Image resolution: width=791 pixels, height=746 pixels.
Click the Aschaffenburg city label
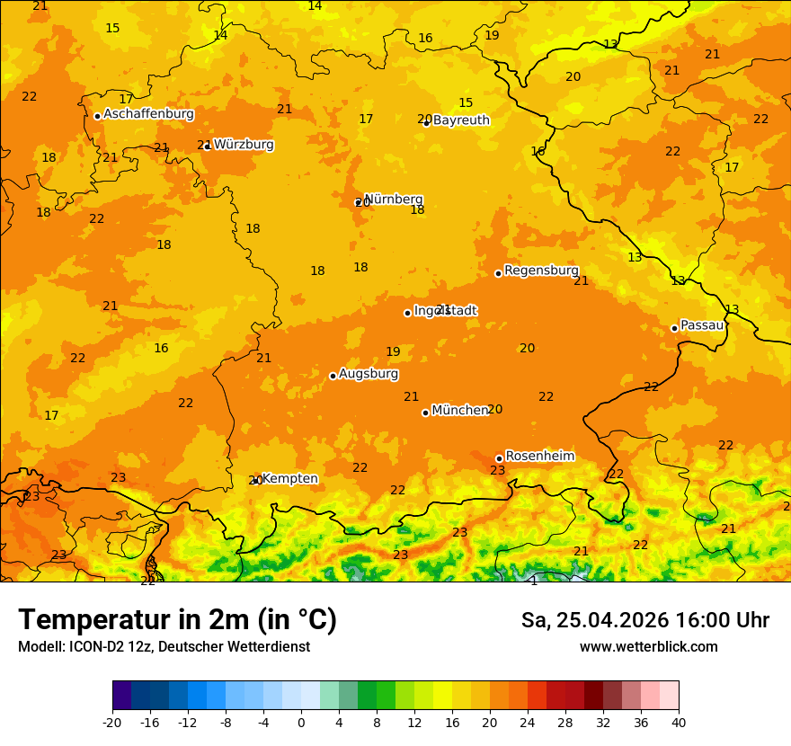(x=148, y=114)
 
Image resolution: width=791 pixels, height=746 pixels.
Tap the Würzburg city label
(x=244, y=145)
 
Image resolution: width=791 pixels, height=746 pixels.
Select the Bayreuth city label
(x=461, y=120)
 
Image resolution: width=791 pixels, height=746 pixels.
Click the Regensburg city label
(x=541, y=271)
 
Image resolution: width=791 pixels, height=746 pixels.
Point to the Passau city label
(x=702, y=325)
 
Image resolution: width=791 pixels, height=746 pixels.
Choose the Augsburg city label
(x=369, y=374)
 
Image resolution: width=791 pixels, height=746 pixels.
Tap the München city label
(x=459, y=411)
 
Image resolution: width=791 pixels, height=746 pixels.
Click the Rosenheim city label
(x=539, y=457)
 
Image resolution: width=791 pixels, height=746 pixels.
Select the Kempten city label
(x=289, y=479)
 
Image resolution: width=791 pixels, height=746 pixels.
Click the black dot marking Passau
(x=674, y=328)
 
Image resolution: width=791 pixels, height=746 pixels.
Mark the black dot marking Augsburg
(x=333, y=376)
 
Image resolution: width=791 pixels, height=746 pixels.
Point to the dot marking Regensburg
(x=498, y=273)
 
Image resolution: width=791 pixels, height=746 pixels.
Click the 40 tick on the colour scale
(x=679, y=722)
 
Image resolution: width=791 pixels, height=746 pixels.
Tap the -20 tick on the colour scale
(x=112, y=722)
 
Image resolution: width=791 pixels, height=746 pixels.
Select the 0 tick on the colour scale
(x=301, y=722)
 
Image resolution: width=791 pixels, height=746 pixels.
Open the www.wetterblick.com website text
(x=648, y=647)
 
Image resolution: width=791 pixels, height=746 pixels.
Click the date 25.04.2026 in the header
(x=620, y=620)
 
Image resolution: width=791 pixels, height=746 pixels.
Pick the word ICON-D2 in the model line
(x=93, y=647)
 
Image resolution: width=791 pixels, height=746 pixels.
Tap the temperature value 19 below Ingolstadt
(x=393, y=352)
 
